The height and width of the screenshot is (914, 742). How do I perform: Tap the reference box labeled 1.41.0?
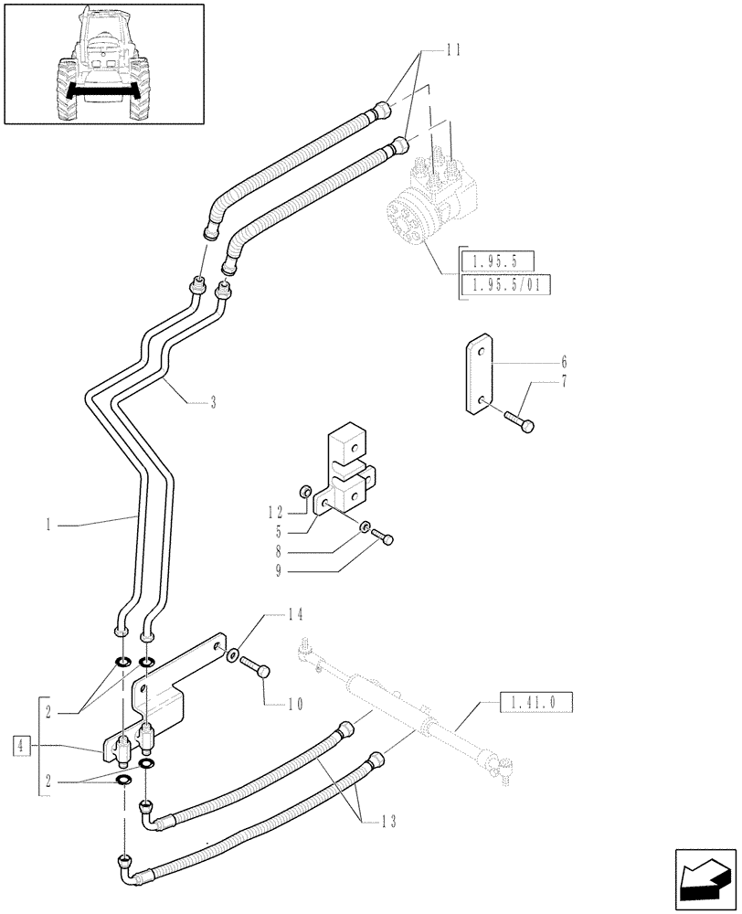(535, 703)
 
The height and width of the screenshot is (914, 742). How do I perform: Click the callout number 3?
(213, 401)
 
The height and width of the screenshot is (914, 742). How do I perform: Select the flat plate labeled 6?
(482, 376)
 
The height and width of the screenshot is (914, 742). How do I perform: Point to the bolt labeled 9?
(387, 540)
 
